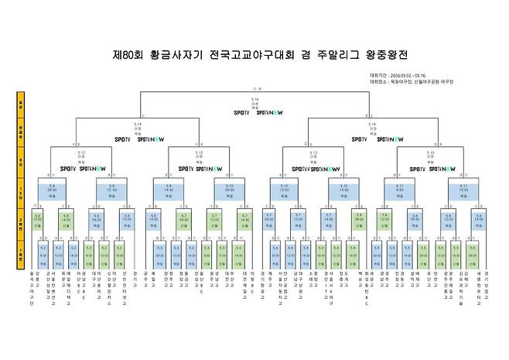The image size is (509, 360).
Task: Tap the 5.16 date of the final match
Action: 255,99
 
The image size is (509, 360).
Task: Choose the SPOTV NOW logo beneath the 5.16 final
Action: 268,113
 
